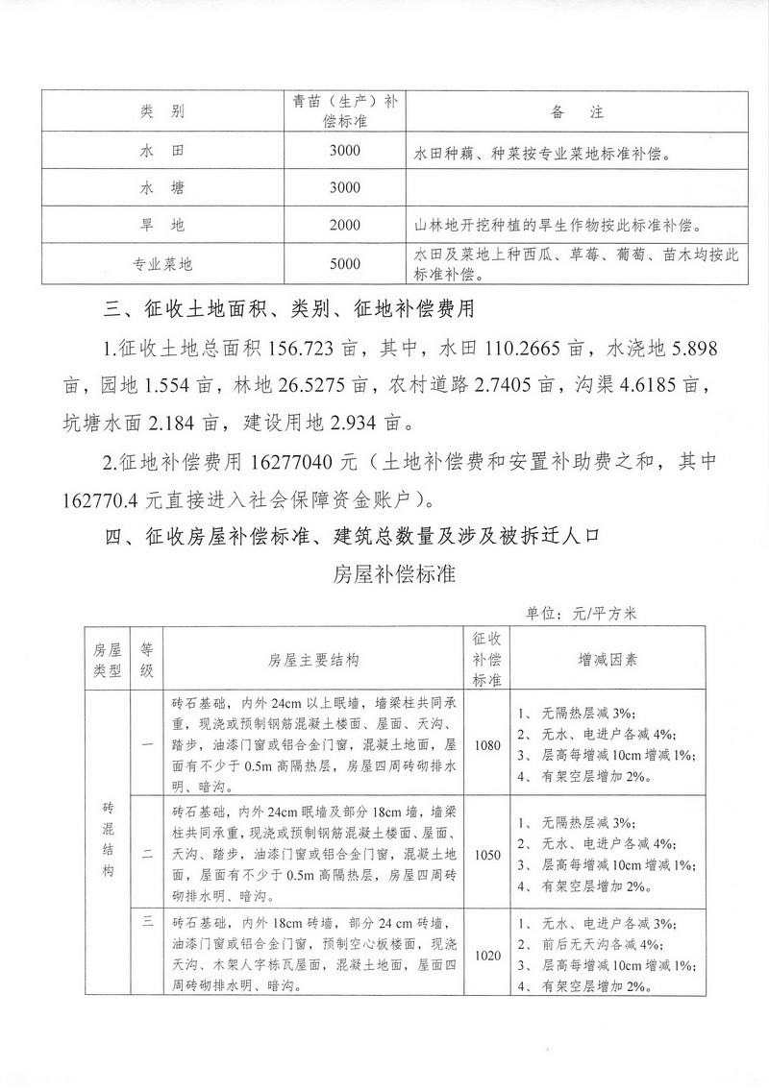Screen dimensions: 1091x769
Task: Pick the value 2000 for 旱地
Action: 343,226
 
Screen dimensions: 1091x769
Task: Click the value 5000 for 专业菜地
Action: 343,263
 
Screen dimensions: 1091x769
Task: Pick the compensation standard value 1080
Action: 486,746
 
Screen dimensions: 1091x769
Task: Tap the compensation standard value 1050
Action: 486,853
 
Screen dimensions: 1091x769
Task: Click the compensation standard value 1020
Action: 486,956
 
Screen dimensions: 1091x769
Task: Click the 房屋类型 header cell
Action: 106,661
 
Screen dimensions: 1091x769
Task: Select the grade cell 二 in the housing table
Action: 148,853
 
